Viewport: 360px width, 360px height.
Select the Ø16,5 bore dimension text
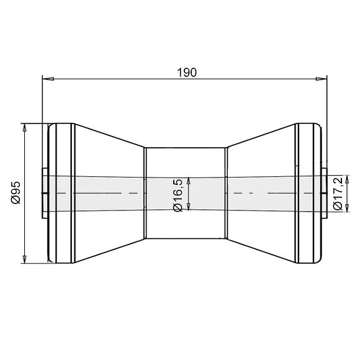pyautogui.click(x=178, y=194)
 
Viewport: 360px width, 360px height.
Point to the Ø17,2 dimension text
pyautogui.click(x=338, y=194)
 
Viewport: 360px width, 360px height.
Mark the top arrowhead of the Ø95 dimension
pyautogui.click(x=25, y=127)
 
